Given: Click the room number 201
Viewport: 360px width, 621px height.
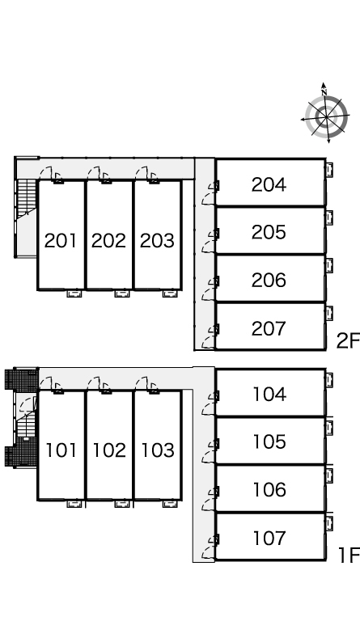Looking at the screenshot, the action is point(60,241).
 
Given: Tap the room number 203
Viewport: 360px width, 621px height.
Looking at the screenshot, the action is point(157,241).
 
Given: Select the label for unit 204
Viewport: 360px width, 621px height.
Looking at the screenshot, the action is point(269,184).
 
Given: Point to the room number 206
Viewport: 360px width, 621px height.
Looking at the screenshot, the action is point(269,280).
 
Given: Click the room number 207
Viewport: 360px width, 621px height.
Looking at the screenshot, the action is point(269,328).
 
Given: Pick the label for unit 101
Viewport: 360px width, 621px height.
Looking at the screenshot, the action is point(61,450).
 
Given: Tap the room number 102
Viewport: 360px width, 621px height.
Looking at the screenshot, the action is point(109,450).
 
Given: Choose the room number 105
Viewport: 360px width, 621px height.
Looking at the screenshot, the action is point(269,441).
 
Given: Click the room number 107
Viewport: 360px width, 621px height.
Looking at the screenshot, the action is point(269,538).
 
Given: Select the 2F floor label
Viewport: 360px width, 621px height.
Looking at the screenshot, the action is point(348,341).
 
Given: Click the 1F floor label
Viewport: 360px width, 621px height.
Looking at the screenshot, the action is point(349,555).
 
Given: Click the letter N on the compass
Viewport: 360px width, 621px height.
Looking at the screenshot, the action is point(324,93).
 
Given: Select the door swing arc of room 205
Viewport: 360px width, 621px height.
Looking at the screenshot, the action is point(209,247).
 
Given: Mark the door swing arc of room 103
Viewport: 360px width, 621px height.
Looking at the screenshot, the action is point(142,382).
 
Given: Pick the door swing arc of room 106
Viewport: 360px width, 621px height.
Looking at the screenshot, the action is point(209,505).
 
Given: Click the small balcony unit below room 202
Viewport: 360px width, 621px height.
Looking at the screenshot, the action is point(122,294).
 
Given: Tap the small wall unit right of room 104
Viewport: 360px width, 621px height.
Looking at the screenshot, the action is point(329,380).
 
